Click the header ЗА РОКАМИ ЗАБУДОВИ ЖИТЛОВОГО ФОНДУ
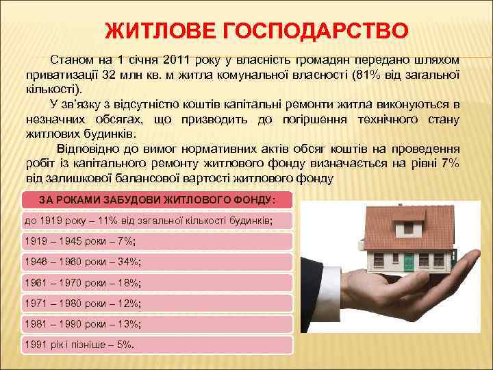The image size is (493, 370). pos(157,199)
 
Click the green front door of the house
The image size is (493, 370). pos(409,261)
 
